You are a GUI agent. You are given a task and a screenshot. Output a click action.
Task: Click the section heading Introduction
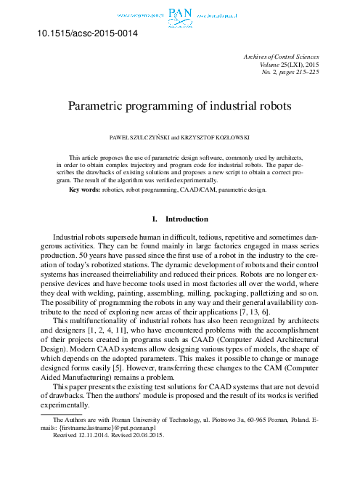(187, 219)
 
